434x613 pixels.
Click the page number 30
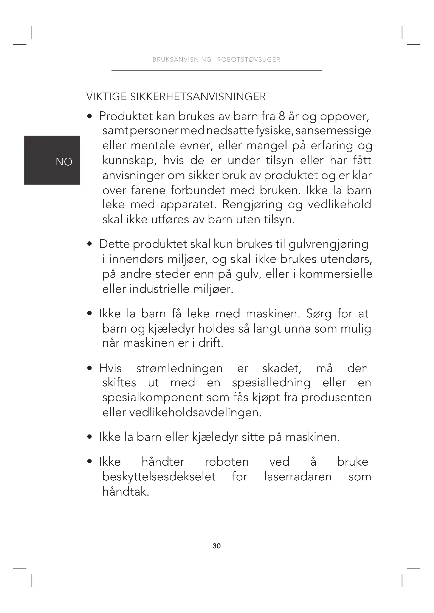pyautogui.click(x=216, y=546)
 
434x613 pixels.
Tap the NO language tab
pyautogui.click(x=64, y=162)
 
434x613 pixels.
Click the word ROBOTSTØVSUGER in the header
pyautogui.click(x=248, y=59)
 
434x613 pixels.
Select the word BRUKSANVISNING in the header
pyautogui.click(x=182, y=59)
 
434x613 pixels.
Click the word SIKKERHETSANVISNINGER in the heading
pyautogui.click(x=198, y=97)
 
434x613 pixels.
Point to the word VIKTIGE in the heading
pyautogui.click(x=106, y=97)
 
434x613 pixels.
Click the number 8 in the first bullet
pyautogui.click(x=282, y=116)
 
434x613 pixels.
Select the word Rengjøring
pyautogui.click(x=252, y=204)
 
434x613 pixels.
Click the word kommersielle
pyautogui.click(x=336, y=274)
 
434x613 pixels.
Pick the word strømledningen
pyautogui.click(x=179, y=368)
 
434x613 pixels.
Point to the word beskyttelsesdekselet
pyautogui.click(x=159, y=476)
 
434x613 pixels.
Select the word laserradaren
pyautogui.click(x=298, y=476)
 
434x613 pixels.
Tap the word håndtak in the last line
pyautogui.click(x=125, y=491)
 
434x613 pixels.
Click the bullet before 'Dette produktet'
pyautogui.click(x=89, y=244)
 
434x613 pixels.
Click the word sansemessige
pyautogui.click(x=333, y=131)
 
